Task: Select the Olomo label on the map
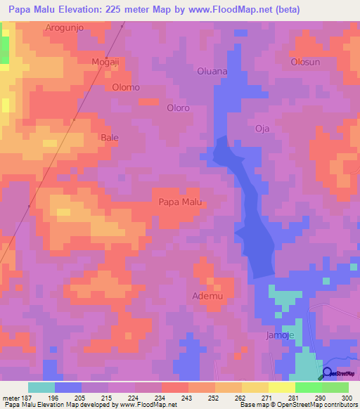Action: pos(126,87)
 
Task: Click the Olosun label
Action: pos(306,62)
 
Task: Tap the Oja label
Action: pos(262,128)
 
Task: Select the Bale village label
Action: pos(110,137)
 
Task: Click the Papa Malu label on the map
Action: pos(181,202)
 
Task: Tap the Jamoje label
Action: pos(280,336)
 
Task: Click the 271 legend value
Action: pos(259,396)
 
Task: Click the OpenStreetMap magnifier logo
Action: pos(328,373)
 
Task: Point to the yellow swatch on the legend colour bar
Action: pos(255,387)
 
